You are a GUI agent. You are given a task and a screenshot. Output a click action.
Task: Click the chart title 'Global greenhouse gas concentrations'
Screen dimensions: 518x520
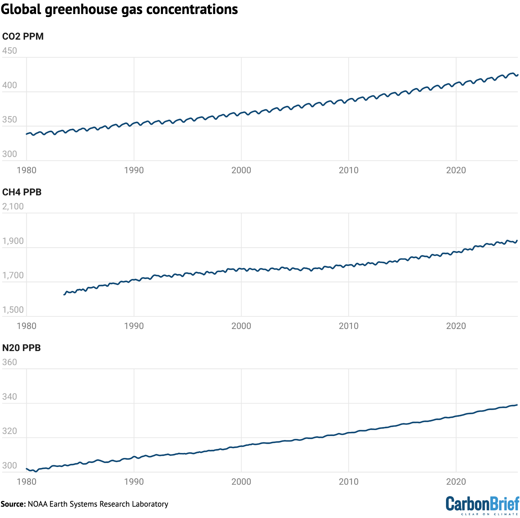(x=119, y=10)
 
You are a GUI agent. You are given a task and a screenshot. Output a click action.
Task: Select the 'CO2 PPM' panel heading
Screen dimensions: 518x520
(x=23, y=36)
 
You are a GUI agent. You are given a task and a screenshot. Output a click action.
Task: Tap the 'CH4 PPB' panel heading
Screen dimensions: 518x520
(x=22, y=192)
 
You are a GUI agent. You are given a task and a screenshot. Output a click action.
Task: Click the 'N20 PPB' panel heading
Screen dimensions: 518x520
(x=21, y=348)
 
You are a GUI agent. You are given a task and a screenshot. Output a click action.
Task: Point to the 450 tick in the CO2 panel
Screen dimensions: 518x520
(x=9, y=51)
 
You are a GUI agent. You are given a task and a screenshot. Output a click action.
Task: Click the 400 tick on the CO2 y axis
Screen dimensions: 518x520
(x=9, y=85)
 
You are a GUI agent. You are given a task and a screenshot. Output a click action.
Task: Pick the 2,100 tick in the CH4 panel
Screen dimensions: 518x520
(x=13, y=206)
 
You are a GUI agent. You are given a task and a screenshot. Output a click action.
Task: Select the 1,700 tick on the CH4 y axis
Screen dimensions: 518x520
(x=13, y=275)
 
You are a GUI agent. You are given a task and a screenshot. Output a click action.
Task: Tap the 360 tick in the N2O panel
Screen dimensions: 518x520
(x=9, y=362)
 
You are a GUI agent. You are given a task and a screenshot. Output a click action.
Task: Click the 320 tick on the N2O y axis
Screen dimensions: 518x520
(x=9, y=431)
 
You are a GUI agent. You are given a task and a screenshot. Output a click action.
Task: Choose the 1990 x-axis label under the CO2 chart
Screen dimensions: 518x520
(x=134, y=170)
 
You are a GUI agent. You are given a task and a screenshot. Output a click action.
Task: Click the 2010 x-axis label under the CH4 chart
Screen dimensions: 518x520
(x=348, y=326)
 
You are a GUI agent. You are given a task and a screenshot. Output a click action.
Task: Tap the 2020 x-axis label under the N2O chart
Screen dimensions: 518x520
(x=456, y=481)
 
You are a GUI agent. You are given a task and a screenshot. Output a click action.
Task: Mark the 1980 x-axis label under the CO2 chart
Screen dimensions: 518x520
(x=26, y=170)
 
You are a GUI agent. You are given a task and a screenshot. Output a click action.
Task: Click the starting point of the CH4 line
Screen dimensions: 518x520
(x=64, y=295)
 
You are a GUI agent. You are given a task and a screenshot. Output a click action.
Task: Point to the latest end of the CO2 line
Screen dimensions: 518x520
(x=517, y=75)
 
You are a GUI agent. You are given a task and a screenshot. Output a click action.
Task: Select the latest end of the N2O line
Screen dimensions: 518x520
(x=517, y=405)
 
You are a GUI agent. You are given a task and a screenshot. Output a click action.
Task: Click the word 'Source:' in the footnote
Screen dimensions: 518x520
(x=13, y=504)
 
